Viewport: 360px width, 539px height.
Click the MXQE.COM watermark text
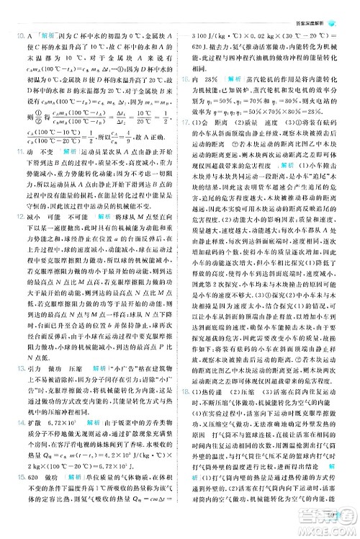click(324, 529)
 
